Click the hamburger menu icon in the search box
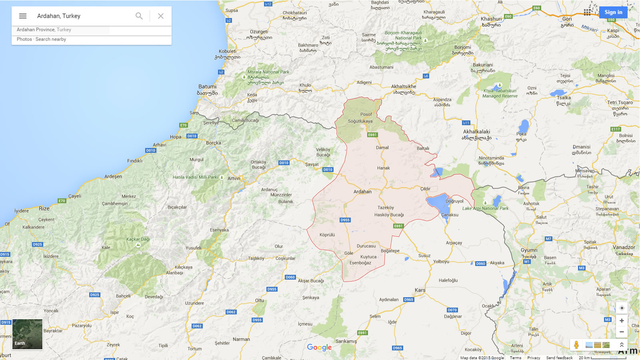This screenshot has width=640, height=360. point(23,16)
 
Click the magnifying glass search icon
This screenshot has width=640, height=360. point(139,16)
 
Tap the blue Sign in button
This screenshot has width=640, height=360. point(613,12)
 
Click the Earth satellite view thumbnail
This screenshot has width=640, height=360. point(27,334)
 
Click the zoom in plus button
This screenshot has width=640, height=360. point(622,320)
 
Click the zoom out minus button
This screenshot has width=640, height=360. point(622,332)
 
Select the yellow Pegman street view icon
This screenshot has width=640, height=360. point(576,345)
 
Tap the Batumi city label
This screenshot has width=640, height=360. point(207,87)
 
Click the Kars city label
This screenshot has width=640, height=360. point(420,290)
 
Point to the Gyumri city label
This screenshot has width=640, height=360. point(529,250)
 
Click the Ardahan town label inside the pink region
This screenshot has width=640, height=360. point(362,192)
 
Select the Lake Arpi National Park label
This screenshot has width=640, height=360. point(485,208)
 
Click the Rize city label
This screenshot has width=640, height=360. point(44,208)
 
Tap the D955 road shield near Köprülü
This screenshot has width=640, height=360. point(345,220)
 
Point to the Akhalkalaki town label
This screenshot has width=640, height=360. point(476,132)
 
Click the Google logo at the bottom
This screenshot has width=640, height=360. point(319,347)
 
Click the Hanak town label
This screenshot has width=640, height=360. point(383,168)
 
